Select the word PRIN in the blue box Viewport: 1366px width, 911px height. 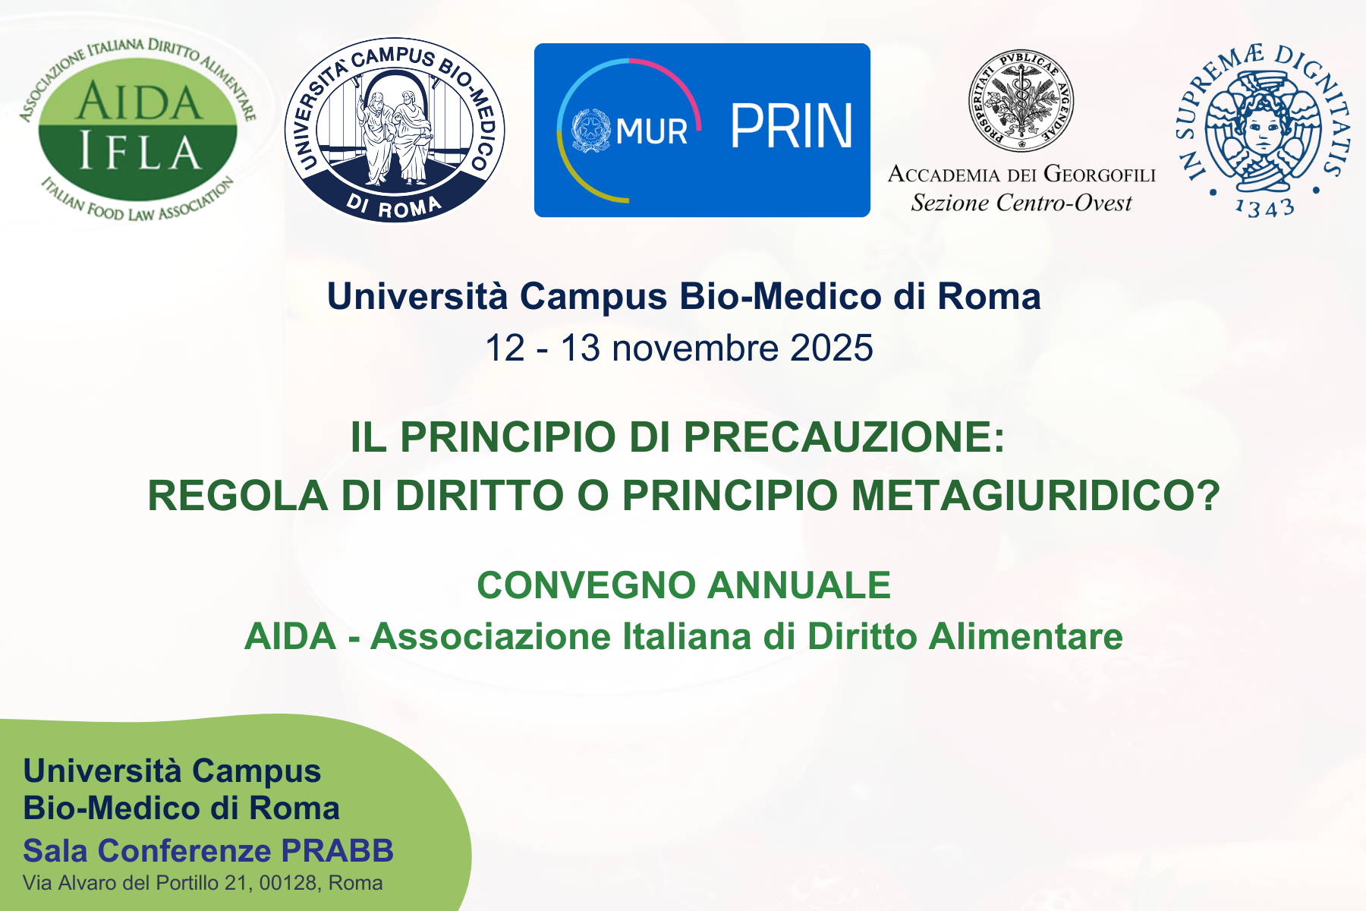(x=792, y=127)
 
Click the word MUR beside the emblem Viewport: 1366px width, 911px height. (x=652, y=132)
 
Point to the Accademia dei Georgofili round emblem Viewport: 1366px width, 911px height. (x=1021, y=100)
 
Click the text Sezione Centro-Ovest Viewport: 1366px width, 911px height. (x=1021, y=203)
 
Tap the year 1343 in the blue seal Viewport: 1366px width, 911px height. (x=1264, y=207)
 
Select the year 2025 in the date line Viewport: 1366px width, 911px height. (x=832, y=348)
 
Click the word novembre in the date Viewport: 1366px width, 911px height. (x=695, y=348)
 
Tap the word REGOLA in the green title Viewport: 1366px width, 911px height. (x=238, y=496)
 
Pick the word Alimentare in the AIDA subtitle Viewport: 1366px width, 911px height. (x=1026, y=636)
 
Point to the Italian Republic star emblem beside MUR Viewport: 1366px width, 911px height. (x=590, y=131)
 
